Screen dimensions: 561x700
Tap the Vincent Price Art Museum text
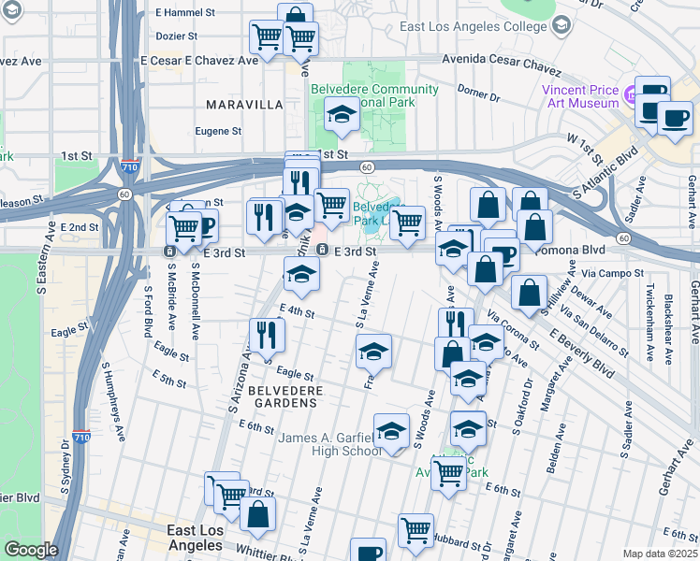pos(580,97)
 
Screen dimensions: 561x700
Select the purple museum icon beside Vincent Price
pos(631,93)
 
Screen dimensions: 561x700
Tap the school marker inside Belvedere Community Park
pos(343,116)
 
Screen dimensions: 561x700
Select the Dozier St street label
pos(177,36)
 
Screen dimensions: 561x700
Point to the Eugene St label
pos(218,132)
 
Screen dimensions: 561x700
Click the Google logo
pos(30,550)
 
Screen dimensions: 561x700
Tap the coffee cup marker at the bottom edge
pos(368,552)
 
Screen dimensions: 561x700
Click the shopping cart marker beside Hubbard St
pos(416,529)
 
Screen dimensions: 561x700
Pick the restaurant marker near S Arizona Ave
pos(268,334)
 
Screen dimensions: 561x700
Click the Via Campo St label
pos(612,274)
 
